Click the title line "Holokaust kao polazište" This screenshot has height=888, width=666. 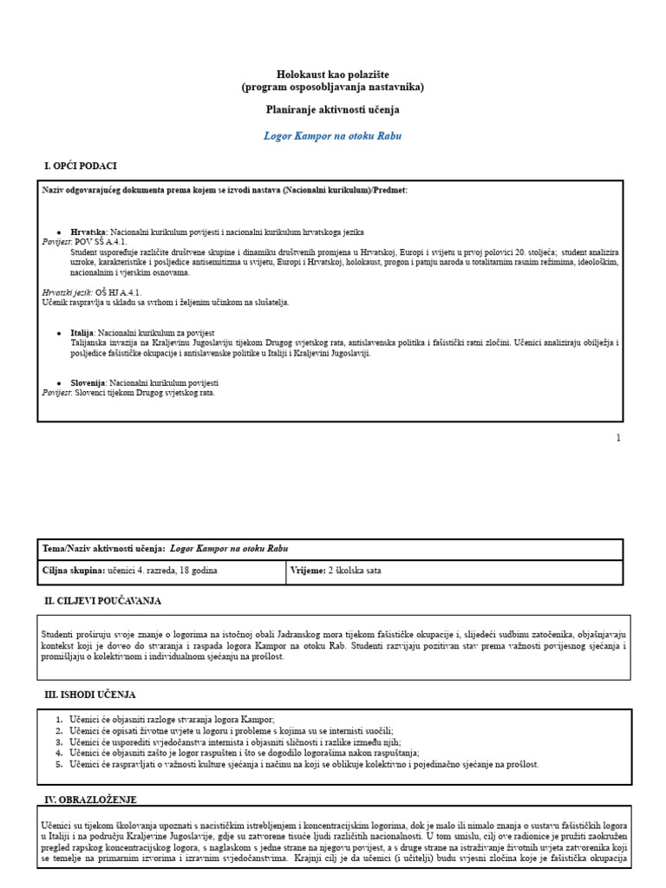click(x=332, y=75)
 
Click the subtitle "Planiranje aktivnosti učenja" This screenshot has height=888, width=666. click(x=332, y=110)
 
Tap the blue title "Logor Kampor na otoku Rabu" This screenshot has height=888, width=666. click(x=332, y=136)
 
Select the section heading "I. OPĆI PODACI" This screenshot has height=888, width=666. click(x=80, y=166)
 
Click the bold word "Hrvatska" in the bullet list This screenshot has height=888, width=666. click(x=88, y=232)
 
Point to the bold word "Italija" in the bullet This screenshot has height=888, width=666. click(x=82, y=333)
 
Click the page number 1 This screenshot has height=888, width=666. click(x=618, y=438)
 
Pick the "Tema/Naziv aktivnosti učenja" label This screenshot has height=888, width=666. click(x=103, y=549)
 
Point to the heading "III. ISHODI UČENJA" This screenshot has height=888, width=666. click(x=89, y=695)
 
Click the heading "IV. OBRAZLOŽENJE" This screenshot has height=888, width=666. click(x=90, y=799)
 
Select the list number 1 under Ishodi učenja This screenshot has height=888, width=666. click(x=59, y=720)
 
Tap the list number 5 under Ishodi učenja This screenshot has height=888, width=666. click(x=59, y=765)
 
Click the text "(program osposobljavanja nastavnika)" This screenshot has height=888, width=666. click(x=332, y=88)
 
